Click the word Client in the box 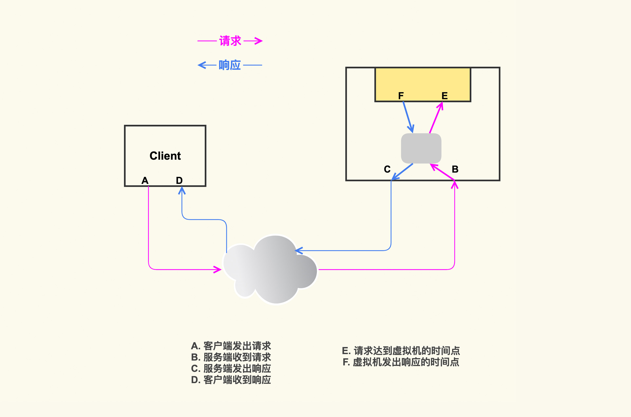(165, 156)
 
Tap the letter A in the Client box (145, 181)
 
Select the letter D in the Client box (179, 181)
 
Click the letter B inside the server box (455, 169)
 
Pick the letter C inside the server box (387, 169)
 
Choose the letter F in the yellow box (401, 96)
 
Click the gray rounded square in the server (421, 148)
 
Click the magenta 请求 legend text (230, 41)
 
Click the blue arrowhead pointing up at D (182, 190)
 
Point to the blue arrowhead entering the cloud (299, 250)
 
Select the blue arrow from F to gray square (408, 117)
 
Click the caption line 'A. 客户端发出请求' (231, 346)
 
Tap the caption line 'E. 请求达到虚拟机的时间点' (401, 351)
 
